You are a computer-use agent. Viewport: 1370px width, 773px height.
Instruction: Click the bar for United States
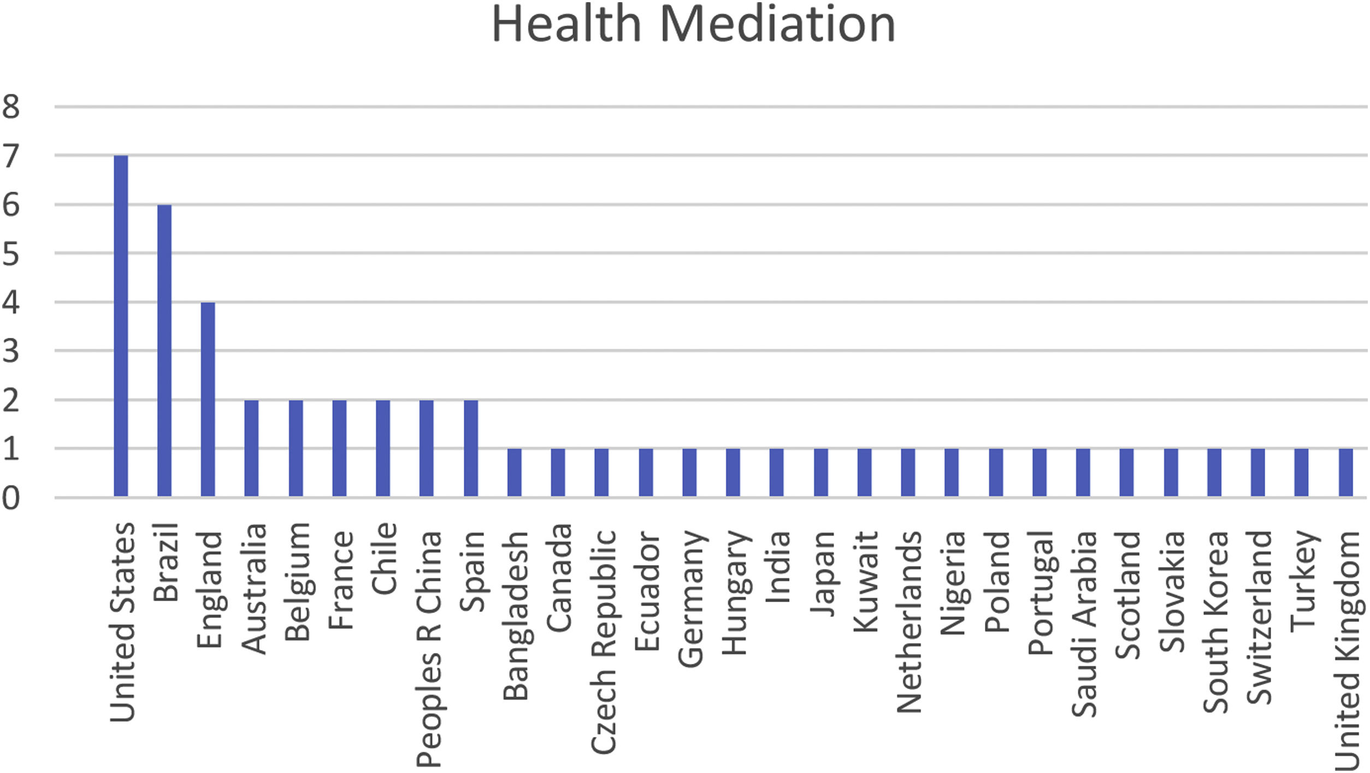coord(121,326)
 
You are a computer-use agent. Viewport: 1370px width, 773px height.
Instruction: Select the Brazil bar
coord(164,350)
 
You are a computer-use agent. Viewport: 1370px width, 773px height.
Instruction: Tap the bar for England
coord(208,399)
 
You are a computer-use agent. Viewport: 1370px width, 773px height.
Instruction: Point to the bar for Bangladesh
coord(515,472)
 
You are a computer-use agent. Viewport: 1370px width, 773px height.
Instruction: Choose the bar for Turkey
coord(1302,472)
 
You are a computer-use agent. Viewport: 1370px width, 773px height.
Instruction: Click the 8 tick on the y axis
coord(11,106)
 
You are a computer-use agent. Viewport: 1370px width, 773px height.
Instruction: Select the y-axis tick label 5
coord(11,253)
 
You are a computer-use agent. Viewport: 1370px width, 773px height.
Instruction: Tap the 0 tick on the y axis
coord(11,498)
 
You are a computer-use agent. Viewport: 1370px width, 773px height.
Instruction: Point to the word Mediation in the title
coord(778,25)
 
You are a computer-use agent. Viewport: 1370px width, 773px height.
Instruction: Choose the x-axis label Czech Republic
coord(603,642)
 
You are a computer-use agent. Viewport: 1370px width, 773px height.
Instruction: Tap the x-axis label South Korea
coord(1215,622)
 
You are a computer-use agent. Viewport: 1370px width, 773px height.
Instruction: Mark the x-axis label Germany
coord(690,599)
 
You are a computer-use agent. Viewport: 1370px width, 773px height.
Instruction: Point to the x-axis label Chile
coord(384,558)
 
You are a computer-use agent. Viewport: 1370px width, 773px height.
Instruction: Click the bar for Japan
coord(821,472)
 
